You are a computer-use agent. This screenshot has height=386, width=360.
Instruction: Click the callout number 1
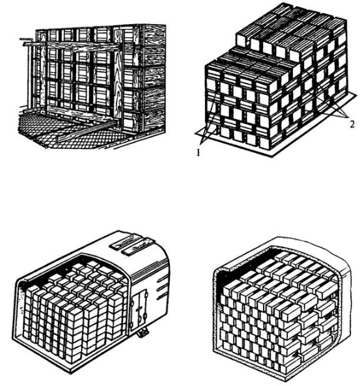point(198,153)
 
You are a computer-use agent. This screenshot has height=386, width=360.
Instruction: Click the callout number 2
point(352,124)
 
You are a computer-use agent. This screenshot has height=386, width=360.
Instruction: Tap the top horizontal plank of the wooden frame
point(72,46)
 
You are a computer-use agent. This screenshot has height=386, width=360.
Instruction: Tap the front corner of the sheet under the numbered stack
point(271,156)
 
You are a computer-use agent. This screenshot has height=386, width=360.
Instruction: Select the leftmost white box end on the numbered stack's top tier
point(242,40)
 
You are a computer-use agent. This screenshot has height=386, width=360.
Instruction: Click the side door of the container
point(139,309)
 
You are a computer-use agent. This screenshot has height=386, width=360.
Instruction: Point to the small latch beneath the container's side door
point(143,333)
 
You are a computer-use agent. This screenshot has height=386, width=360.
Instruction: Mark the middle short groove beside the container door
point(162,288)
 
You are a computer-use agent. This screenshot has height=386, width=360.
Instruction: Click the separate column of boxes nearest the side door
point(116,314)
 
